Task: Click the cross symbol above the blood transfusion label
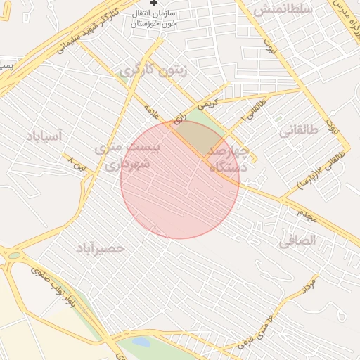pyautogui.click(x=154, y=4)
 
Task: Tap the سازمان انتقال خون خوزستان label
pyautogui.click(x=154, y=18)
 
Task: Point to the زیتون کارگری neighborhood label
pyautogui.click(x=146, y=70)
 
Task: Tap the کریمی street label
pyautogui.click(x=207, y=103)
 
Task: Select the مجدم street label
pyautogui.click(x=307, y=215)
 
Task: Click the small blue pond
pyautogui.click(x=141, y=343)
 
